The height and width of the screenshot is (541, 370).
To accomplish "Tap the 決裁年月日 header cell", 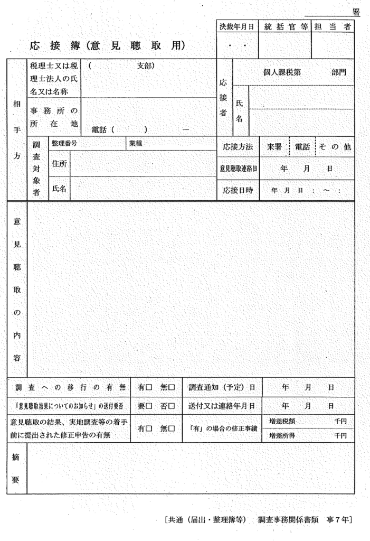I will tap(237, 26).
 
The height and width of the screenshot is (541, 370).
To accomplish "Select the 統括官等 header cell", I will tap(285, 26).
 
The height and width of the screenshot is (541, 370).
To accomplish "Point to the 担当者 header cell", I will tap(333, 26).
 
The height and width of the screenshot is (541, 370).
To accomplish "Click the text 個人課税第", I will tap(282, 72).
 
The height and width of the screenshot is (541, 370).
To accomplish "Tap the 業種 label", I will tap(135, 143).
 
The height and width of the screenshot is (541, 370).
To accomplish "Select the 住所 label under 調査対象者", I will tap(59, 164).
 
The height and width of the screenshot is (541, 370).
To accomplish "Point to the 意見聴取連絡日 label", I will tap(238, 169).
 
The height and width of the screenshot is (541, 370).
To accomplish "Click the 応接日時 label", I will tap(238, 190).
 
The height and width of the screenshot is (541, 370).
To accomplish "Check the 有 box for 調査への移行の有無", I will tap(149, 388).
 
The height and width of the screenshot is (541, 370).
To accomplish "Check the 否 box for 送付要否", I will tap(172, 406).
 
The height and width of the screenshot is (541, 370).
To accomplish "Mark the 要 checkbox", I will tap(149, 406).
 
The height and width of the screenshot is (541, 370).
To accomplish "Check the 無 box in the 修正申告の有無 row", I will tap(172, 428).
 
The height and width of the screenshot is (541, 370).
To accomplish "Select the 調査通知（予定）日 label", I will tap(222, 388).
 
